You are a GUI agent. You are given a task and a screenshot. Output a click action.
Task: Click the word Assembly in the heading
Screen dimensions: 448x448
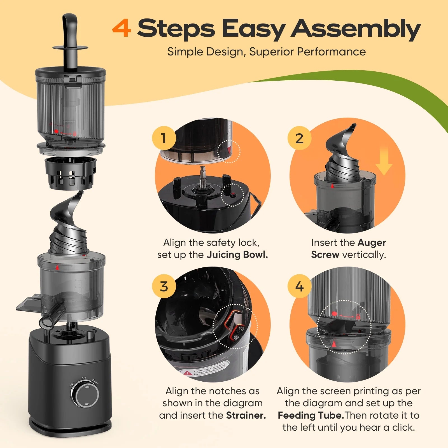tap(356, 29)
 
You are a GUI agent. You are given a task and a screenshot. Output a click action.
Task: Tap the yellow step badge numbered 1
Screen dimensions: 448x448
tap(164, 138)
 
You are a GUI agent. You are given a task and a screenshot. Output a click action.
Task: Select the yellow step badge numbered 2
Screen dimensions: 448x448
tap(299, 138)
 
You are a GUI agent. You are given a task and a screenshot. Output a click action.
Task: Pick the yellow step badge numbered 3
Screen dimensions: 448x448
tap(164, 286)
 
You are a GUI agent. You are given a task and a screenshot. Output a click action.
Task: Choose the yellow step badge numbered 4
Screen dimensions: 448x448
tap(299, 286)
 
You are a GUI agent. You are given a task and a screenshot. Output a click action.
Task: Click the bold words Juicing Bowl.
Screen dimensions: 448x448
tap(237, 255)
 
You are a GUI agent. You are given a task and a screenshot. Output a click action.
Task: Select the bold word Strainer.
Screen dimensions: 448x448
tap(246, 415)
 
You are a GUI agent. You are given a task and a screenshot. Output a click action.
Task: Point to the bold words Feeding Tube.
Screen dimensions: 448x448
tap(311, 415)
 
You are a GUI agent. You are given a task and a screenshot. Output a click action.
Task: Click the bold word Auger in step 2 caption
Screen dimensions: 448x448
tap(372, 242)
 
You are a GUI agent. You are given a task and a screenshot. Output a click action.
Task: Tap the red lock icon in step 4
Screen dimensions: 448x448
tap(358, 317)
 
